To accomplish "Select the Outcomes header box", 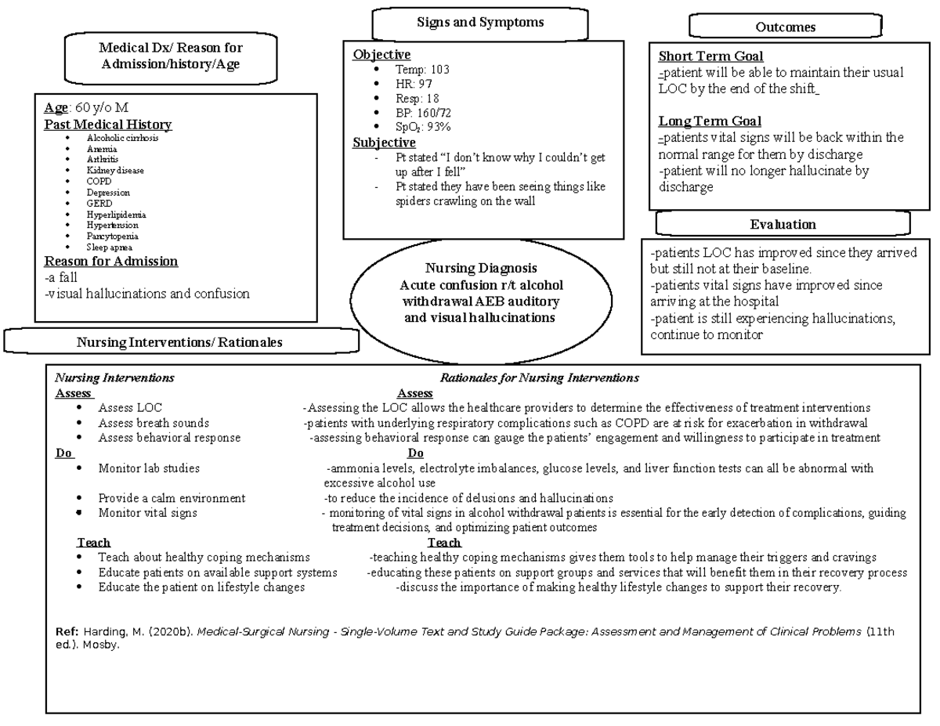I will coord(785,27).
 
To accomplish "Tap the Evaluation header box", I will coord(783,225).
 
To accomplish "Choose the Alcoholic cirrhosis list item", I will coord(122,137).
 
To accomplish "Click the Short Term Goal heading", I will coord(710,56).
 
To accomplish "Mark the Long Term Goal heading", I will coord(710,121).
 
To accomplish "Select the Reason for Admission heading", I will coord(110,262).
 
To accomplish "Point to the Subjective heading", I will coord(384,143).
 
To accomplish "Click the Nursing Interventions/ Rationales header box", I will coord(179,342).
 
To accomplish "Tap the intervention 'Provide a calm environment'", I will coord(172,498).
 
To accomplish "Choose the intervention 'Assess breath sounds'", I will coord(154,423).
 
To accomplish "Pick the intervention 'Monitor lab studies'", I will coord(149,468).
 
